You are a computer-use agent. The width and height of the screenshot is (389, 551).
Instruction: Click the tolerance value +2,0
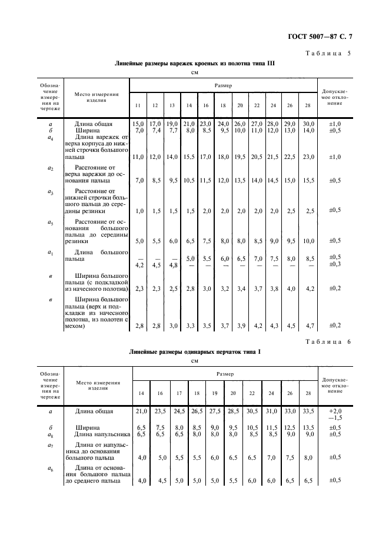click(335, 410)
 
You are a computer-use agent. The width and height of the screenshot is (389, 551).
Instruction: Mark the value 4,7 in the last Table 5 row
click(308, 325)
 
